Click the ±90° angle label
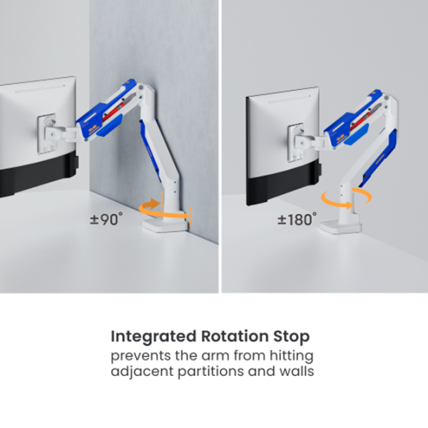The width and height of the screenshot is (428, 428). [106, 219]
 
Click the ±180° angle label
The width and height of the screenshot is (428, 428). [297, 219]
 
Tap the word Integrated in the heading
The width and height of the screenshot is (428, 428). [153, 337]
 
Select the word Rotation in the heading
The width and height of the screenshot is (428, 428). [235, 336]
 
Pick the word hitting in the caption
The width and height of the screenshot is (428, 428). [292, 356]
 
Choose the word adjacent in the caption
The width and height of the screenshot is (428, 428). [142, 372]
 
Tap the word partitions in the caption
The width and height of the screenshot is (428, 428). [210, 372]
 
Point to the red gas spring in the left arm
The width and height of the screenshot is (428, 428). [119, 108]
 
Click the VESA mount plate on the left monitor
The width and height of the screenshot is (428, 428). [47, 133]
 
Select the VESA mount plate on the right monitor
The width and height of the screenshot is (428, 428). [295, 142]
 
